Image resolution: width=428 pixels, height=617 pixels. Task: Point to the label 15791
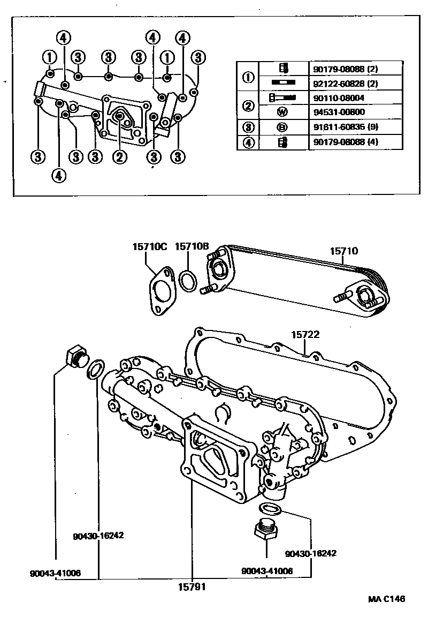click(x=192, y=586)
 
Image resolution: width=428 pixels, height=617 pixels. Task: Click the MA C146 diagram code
click(x=386, y=598)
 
